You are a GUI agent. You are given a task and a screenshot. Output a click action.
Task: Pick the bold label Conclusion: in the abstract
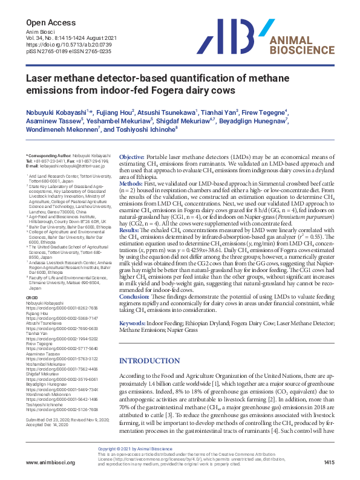coord(134,297)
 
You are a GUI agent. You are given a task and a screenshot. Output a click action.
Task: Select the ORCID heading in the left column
coord(31,297)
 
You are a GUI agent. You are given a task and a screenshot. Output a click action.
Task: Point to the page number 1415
coord(329,462)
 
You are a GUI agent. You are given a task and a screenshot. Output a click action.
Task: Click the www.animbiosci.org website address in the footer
coord(50,462)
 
